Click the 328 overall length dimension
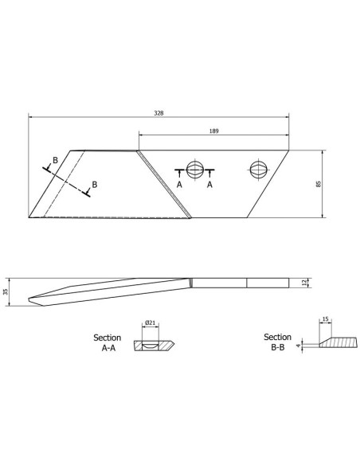click(159, 113)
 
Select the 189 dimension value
click(213, 131)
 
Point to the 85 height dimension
click(319, 183)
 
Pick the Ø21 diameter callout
click(150, 322)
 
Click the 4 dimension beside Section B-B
click(298, 346)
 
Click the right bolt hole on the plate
click(258, 169)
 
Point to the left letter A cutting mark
click(179, 184)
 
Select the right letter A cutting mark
click(210, 184)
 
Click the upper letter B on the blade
click(54, 161)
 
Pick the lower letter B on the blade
click(94, 185)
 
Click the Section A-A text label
click(108, 343)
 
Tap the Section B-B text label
click(277, 343)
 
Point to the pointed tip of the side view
click(29, 299)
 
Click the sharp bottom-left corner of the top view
click(29, 217)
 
